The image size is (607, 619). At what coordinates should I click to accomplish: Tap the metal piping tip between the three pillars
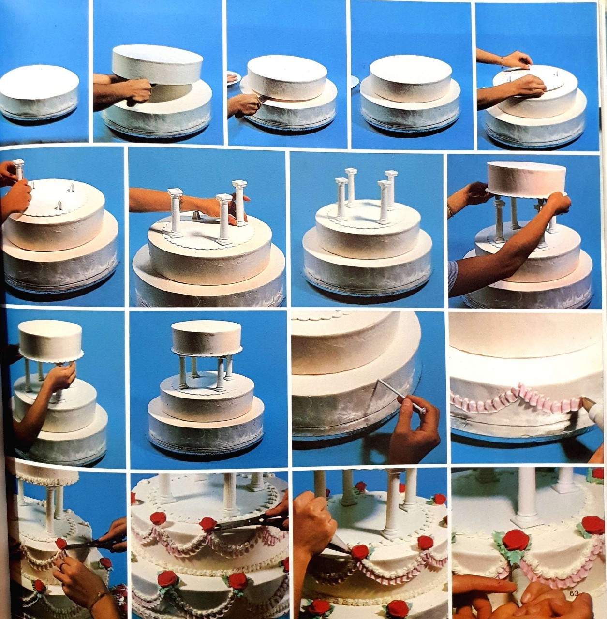coord(196,215)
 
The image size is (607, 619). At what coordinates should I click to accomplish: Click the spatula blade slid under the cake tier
coord(262,99)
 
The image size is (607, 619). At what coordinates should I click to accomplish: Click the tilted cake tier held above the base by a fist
coord(160,65)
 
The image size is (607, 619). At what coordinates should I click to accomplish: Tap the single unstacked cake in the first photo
coord(39,94)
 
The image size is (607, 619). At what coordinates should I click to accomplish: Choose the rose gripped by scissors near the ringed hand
coord(61,544)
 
